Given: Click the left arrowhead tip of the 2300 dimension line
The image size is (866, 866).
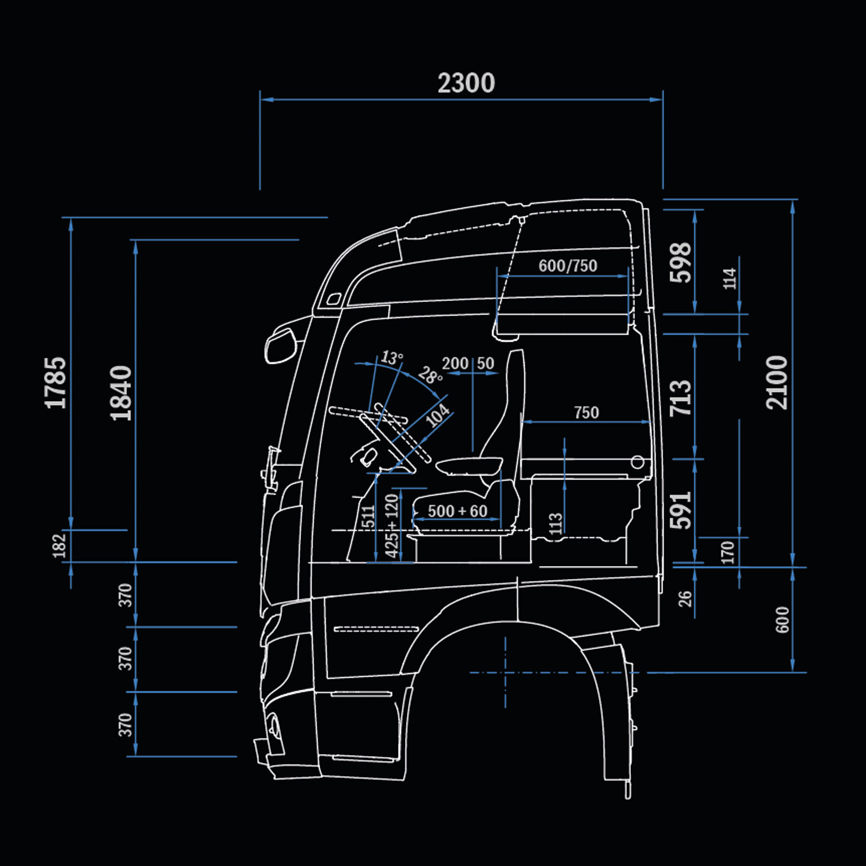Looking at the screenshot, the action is coord(260,99).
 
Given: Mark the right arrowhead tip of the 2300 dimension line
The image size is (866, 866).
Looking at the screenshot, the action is coord(662,99).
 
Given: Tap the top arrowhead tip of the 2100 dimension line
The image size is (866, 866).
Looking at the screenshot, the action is coord(792,200).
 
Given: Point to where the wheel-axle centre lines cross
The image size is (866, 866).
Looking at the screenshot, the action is coord(505,673).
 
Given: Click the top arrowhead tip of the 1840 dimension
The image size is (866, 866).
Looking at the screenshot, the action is coord(136,241).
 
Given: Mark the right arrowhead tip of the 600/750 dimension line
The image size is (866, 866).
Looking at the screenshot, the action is coord(629,276).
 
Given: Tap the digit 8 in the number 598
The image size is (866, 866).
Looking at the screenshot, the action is coord(681,251).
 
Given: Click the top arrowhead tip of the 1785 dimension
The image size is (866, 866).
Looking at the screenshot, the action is coord(71,219).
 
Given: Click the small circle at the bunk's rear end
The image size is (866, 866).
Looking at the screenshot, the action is coord(638,462).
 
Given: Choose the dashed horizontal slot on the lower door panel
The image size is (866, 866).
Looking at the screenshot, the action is coord(376,629).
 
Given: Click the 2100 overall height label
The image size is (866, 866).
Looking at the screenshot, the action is coord(777,382).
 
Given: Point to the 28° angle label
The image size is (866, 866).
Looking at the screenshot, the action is coord(430,375).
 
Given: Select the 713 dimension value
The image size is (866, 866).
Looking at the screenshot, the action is coord(681,398).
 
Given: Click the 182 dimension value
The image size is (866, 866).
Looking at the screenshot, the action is coord(60,546).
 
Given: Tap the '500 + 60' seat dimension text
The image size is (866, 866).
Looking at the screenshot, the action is coord(458,511).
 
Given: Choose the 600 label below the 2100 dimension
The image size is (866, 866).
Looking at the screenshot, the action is coord(782,620).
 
